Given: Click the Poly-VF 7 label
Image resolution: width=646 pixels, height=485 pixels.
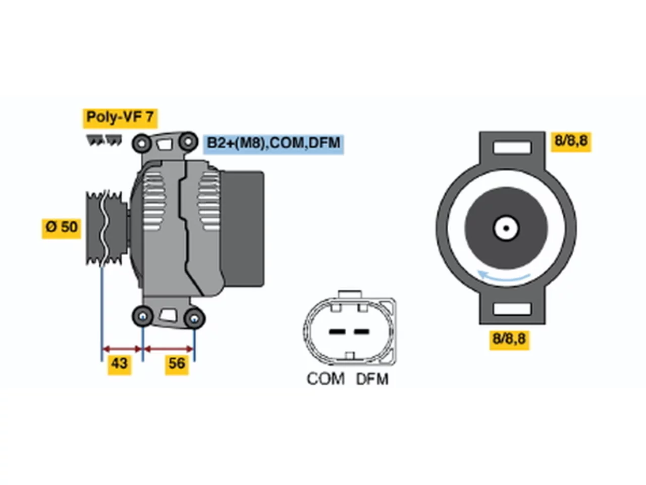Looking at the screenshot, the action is pos(120,118).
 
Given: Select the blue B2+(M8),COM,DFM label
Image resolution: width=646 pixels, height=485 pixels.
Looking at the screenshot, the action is pos(273,143).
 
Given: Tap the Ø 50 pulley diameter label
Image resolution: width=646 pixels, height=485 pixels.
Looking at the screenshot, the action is pos(61,228).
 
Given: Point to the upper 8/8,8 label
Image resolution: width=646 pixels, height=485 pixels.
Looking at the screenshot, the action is pos(571,141).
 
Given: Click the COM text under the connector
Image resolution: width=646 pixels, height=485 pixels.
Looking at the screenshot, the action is pos(326,379).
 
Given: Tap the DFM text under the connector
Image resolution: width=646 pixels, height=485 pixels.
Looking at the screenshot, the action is pos(372,379).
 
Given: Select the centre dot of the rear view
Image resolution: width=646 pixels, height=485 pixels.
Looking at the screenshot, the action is pos(506,228).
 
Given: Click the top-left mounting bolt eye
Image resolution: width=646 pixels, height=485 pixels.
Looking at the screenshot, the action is pos(142,143).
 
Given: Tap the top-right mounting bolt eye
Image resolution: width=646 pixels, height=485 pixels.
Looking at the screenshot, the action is pos(188,141).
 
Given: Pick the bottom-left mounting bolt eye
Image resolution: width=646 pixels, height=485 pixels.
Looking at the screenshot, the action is pos(143,316).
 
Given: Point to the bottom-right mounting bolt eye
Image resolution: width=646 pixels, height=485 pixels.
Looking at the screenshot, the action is pos(194,318).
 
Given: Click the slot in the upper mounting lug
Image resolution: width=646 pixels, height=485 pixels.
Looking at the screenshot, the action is pos(512,147).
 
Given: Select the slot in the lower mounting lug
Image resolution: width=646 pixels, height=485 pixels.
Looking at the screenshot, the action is pos(512,309).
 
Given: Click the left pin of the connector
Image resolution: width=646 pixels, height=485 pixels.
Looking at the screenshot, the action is pos(337,332).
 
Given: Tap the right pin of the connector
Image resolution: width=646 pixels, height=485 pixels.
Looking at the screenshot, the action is pos(361,332).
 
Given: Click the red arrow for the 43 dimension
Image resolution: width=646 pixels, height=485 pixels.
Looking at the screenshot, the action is pos(122,349).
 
